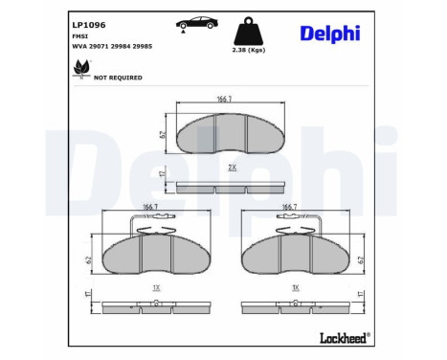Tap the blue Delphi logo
pos(329,34)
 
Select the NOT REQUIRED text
pos(118,78)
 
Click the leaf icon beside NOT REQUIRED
pos(81,67)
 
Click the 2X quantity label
pos(231,167)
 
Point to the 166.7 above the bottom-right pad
pos(286,206)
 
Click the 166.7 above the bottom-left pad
pos(150,206)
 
